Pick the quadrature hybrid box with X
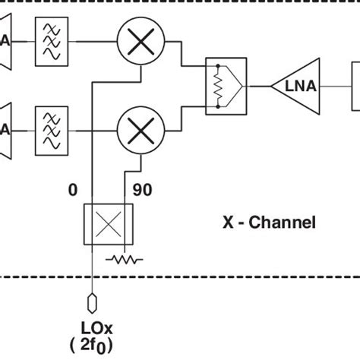(x=105, y=224)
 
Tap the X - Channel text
(x=268, y=223)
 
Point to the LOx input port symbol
(x=91, y=302)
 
